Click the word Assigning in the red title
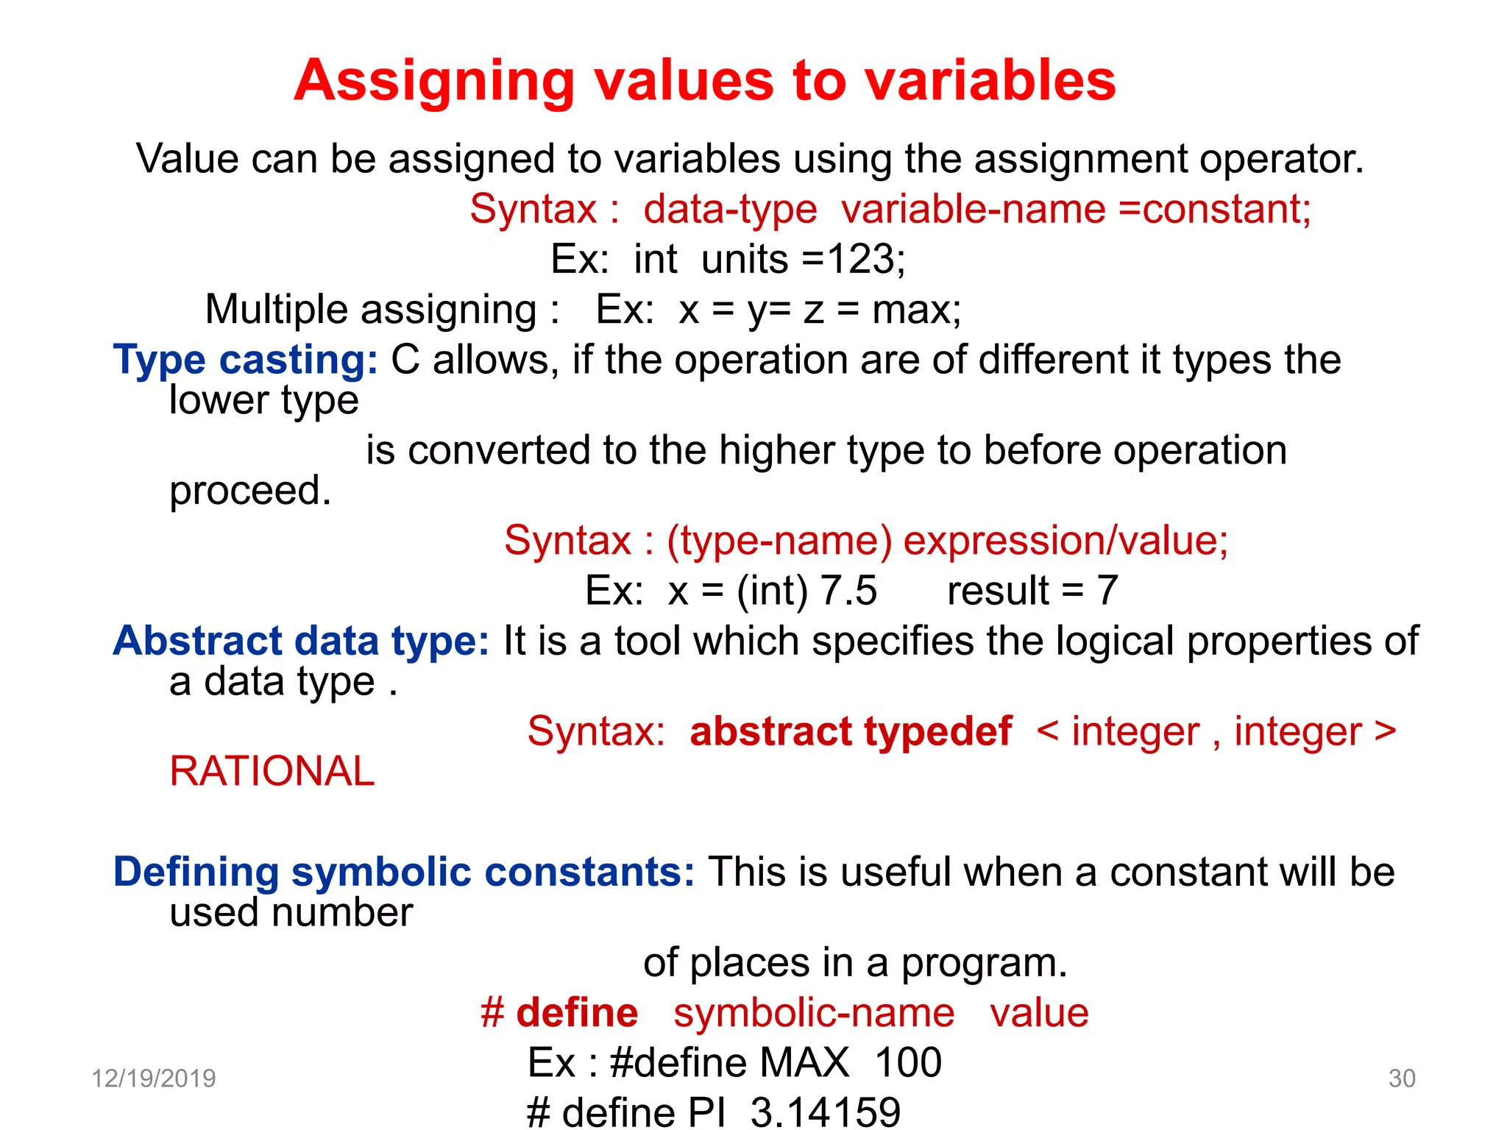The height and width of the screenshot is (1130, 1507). point(434,81)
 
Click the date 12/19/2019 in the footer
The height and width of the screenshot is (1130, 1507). point(153,1079)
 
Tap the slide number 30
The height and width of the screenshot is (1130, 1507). point(1402,1079)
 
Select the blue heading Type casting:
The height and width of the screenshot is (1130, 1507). point(245,360)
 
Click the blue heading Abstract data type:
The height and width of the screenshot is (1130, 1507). point(300,641)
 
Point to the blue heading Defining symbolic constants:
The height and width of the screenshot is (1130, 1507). point(403,872)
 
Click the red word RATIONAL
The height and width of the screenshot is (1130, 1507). point(272,772)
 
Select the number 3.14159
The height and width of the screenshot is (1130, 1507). point(825,1112)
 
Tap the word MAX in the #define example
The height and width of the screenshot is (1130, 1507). point(804,1062)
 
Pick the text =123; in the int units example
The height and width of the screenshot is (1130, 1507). point(854,260)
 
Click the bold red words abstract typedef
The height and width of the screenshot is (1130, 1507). point(851,731)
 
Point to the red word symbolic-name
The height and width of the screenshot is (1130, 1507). point(814,1013)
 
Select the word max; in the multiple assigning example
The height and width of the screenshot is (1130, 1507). point(916,310)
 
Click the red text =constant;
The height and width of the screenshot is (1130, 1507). point(1215,210)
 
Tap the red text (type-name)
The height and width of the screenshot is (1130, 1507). point(779,541)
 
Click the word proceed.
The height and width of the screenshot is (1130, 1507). point(250,491)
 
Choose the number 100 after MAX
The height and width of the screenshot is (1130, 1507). point(908,1062)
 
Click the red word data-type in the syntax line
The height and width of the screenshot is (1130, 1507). point(730,210)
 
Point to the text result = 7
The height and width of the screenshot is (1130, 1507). point(1032,591)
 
